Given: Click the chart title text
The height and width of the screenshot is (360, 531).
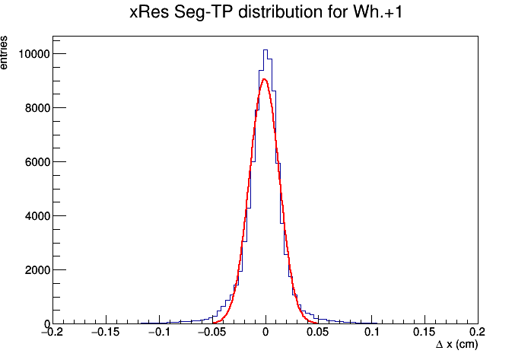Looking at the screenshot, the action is click(265, 12).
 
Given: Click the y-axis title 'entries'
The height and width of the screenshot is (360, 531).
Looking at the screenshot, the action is click(3, 53).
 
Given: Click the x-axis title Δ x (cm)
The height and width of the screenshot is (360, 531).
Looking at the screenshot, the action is click(456, 345).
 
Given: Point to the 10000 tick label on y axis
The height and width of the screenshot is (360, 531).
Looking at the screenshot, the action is click(34, 54).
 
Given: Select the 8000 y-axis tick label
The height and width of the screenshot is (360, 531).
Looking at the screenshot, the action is click(37, 108).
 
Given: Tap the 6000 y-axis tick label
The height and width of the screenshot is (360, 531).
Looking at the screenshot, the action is click(37, 162).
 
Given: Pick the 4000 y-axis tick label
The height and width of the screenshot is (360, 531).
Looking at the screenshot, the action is click(37, 216).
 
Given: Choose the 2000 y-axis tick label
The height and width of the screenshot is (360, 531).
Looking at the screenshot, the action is click(37, 270).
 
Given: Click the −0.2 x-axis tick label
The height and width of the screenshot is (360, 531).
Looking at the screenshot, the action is click(52, 332).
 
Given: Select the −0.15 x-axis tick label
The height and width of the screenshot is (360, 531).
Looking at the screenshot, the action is click(106, 332).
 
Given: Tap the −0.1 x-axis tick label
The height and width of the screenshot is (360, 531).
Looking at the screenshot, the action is click(159, 332).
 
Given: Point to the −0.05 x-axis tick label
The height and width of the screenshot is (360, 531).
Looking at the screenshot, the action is click(212, 332).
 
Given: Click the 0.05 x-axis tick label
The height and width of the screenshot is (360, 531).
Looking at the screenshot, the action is click(318, 332).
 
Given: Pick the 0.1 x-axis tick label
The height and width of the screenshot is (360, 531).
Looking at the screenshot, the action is click(371, 332).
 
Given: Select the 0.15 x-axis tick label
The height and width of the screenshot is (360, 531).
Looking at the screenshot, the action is click(424, 332).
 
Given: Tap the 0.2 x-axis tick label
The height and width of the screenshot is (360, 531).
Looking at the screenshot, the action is click(478, 332).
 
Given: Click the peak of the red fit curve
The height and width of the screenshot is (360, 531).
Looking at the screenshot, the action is click(265, 79).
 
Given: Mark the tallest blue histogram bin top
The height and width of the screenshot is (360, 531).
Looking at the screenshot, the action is click(265, 50).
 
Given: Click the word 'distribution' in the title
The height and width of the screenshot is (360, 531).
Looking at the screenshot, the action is click(281, 12).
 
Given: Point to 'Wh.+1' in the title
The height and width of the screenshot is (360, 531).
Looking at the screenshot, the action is click(378, 12).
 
